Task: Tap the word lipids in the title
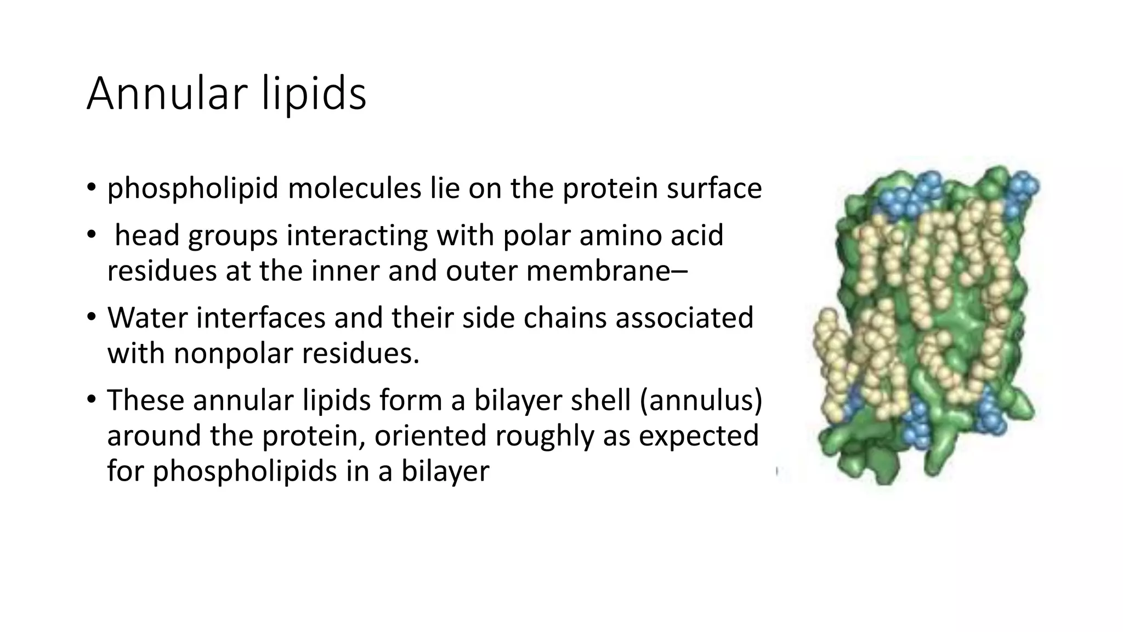click(x=313, y=94)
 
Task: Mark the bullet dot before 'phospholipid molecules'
click(x=92, y=189)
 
